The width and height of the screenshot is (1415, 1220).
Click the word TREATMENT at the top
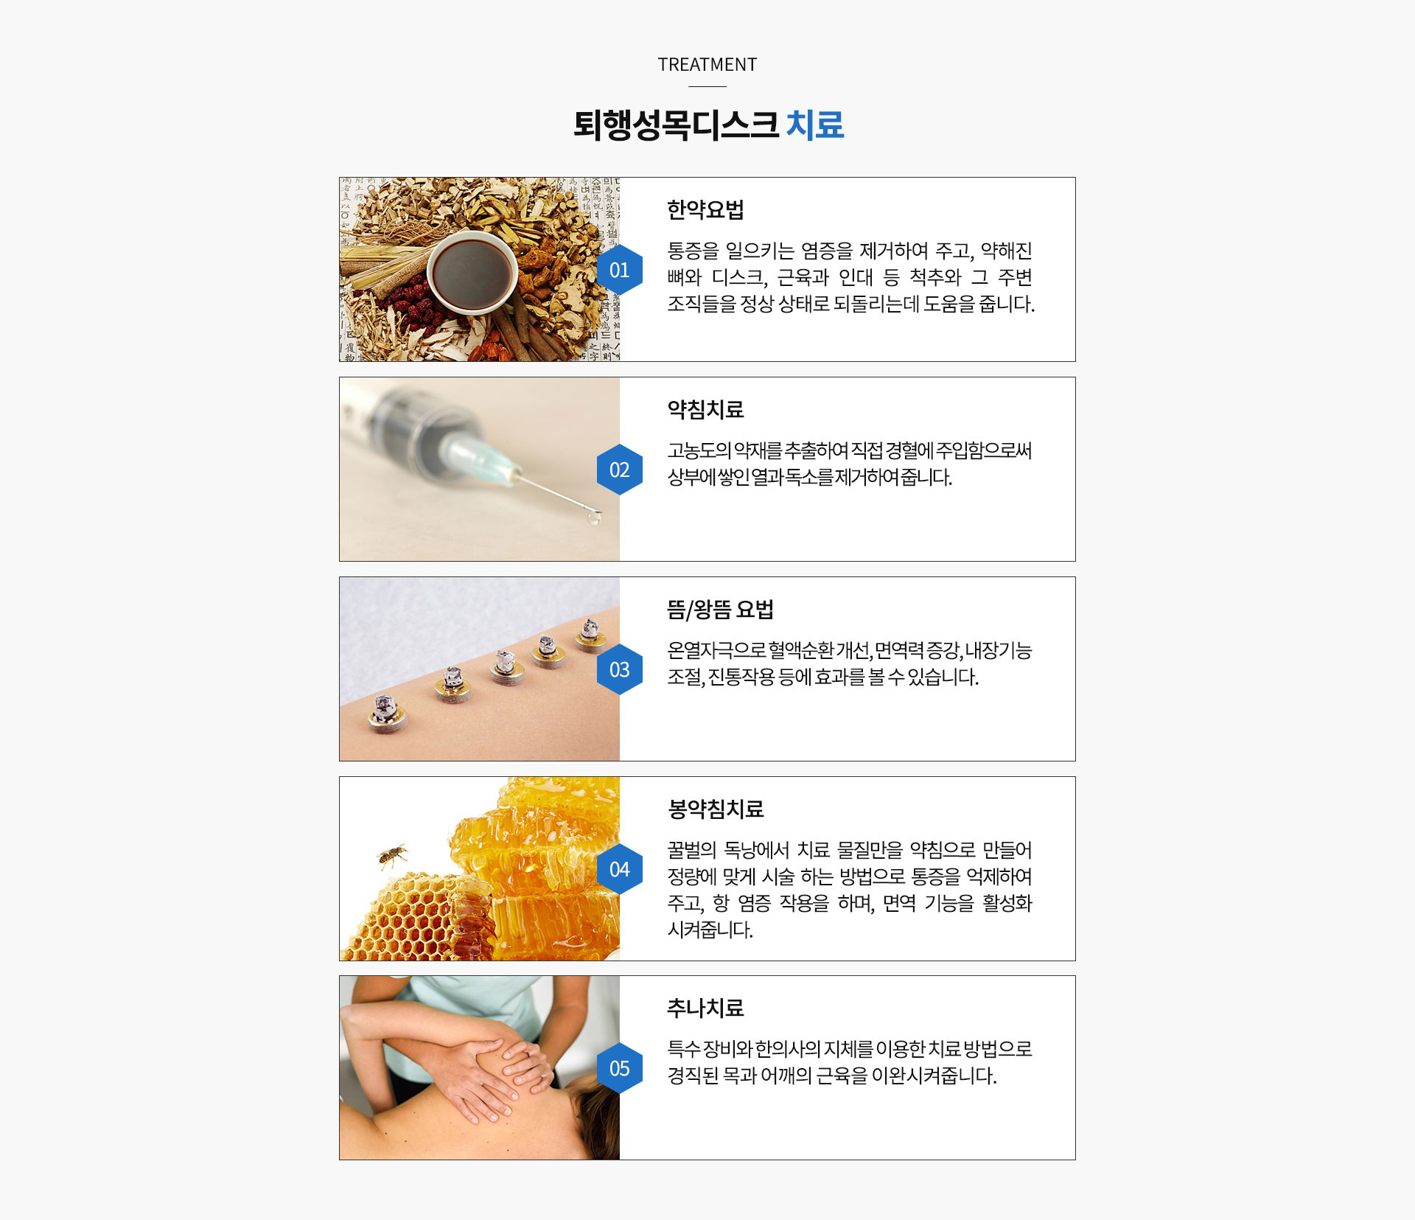(707, 65)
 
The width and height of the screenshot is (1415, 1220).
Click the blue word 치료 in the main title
(814, 125)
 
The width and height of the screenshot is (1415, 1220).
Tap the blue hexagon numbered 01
(619, 270)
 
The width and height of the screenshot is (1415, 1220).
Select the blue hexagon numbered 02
(619, 470)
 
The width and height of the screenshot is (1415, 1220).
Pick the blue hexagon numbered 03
(619, 669)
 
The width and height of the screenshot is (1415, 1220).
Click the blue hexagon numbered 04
(619, 869)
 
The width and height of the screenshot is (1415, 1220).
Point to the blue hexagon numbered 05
(619, 1068)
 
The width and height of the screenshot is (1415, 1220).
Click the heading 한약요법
(705, 210)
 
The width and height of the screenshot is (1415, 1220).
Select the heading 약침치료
(705, 410)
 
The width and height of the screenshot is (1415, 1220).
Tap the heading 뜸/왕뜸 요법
(720, 610)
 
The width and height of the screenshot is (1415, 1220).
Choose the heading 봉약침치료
(715, 809)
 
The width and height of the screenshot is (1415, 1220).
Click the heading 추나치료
(705, 1008)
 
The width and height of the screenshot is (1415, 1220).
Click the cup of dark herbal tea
(472, 271)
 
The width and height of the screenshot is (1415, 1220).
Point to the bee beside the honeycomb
(392, 855)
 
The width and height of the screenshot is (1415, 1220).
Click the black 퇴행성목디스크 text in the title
(676, 125)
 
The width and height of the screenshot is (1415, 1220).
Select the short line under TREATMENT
(707, 86)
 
